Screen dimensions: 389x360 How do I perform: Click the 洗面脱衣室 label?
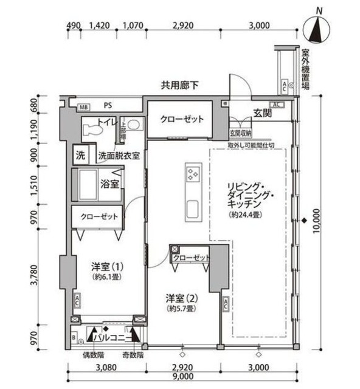tap(119, 155)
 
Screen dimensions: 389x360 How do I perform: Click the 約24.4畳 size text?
tap(246, 215)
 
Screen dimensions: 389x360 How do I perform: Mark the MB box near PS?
tap(84, 108)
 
